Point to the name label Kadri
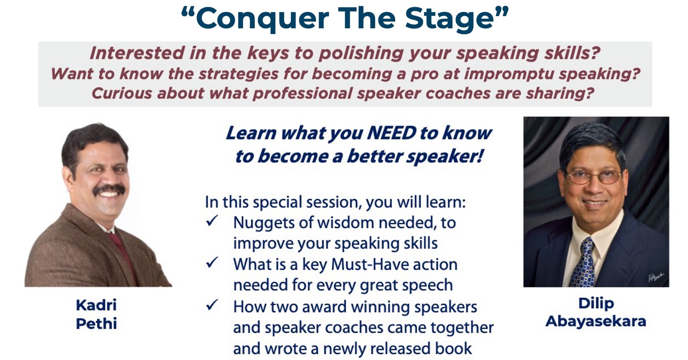[x=96, y=305]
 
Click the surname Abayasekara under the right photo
[x=596, y=321]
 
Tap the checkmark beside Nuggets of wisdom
[x=212, y=221]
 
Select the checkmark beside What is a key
[x=212, y=263]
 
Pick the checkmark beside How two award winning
[x=212, y=305]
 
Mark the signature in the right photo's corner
[x=656, y=277]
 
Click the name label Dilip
[x=596, y=303]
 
